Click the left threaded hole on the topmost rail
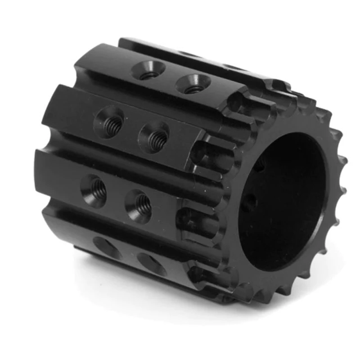(x=149, y=70)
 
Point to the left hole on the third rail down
(x=94, y=188)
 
